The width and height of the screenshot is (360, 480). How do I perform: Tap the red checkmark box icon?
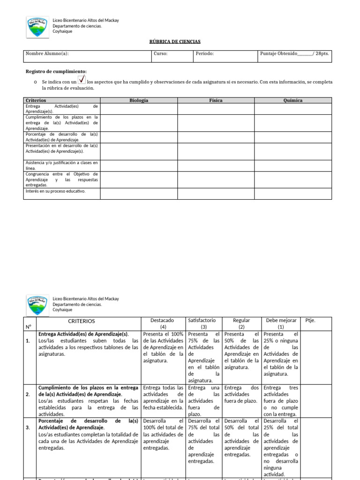[81, 80]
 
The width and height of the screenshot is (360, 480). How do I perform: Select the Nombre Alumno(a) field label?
[47, 53]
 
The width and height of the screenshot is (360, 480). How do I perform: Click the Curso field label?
[160, 53]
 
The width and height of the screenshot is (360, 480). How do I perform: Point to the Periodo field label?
[205, 53]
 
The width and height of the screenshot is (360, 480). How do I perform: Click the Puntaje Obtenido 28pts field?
[294, 53]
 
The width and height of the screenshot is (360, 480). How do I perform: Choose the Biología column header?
[139, 100]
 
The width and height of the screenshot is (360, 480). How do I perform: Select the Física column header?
[216, 100]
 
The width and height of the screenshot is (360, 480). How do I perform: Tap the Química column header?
[293, 100]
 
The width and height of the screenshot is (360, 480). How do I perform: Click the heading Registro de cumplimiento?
[56, 71]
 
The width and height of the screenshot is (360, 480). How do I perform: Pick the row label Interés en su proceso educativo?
[56, 191]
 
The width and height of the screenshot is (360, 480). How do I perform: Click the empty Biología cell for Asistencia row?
[139, 165]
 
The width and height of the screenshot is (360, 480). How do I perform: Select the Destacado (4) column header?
[163, 323]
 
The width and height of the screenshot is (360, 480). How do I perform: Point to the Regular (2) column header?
[241, 323]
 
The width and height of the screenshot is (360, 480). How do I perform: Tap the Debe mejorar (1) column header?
[281, 323]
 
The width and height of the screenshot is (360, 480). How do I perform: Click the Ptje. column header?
[310, 320]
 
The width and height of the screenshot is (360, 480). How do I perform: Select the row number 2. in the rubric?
[29, 394]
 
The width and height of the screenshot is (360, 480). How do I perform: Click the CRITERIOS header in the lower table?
[82, 321]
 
